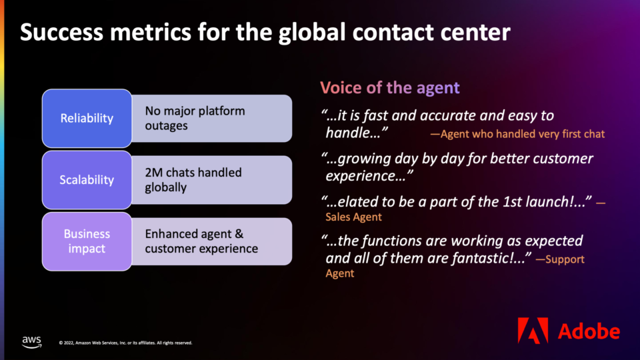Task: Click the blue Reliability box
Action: click(87, 119)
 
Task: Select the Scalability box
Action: click(87, 180)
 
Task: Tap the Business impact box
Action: click(87, 241)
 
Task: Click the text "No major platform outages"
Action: click(195, 118)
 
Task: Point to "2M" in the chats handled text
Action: click(154, 173)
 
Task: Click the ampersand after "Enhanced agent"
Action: click(239, 234)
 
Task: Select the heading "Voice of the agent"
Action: click(390, 88)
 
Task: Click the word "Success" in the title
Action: click(61, 32)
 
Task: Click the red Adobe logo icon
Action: click(533, 330)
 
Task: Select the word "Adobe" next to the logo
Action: click(589, 331)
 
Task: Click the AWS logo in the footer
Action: click(32, 341)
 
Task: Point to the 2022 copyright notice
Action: click(125, 343)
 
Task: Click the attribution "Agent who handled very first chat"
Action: click(517, 134)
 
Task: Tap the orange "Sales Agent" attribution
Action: click(353, 217)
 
